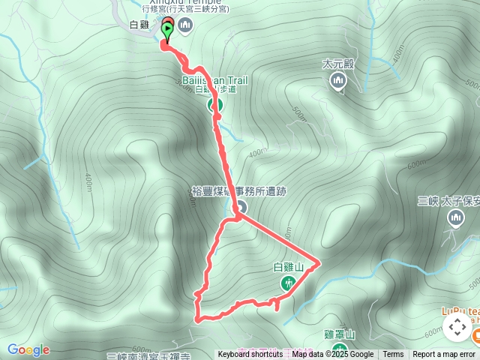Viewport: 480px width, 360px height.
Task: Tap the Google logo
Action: click(x=28, y=349)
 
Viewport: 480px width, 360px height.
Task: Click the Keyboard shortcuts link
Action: click(x=250, y=355)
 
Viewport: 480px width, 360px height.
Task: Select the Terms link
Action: click(x=393, y=355)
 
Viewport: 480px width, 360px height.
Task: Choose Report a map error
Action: click(x=444, y=355)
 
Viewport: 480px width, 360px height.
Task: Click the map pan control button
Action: click(x=457, y=327)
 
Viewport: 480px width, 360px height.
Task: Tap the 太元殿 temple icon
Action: click(x=338, y=80)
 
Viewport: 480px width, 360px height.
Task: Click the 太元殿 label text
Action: click(x=337, y=64)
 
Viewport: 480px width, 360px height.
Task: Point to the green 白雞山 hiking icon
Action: click(x=288, y=283)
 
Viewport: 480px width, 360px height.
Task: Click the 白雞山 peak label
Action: click(x=288, y=267)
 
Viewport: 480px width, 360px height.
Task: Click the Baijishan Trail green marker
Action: click(x=215, y=104)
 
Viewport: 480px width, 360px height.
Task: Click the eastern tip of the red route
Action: click(x=320, y=262)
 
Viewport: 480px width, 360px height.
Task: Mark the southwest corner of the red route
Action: click(x=198, y=319)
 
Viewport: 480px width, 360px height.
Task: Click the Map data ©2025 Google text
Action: click(x=332, y=355)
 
